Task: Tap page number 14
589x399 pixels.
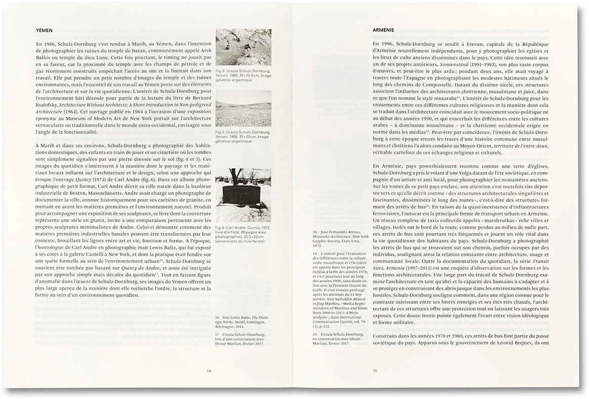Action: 209,371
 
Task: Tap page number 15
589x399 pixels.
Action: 375,371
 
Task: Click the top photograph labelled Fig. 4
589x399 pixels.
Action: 243,47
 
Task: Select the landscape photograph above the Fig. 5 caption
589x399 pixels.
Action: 243,108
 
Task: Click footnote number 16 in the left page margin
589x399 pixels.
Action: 217,317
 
